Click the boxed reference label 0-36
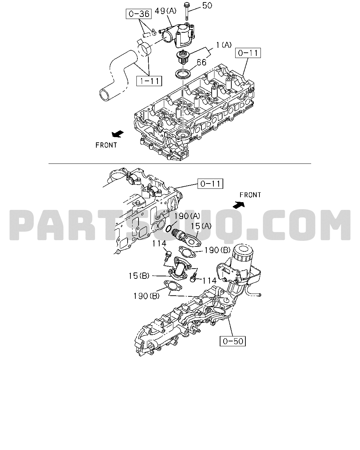(x=139, y=14)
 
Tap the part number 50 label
(x=207, y=6)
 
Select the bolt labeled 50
(x=187, y=11)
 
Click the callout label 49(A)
(x=166, y=11)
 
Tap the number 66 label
(x=201, y=62)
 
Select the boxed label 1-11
(x=149, y=81)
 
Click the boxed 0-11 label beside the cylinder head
(x=248, y=53)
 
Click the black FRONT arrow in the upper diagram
(x=118, y=134)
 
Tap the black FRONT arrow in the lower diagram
(x=239, y=205)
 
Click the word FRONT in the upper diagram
(x=106, y=145)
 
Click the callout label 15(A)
(x=201, y=226)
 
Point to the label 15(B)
(x=139, y=276)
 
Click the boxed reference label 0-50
(x=233, y=341)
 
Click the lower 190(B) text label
(x=147, y=296)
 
